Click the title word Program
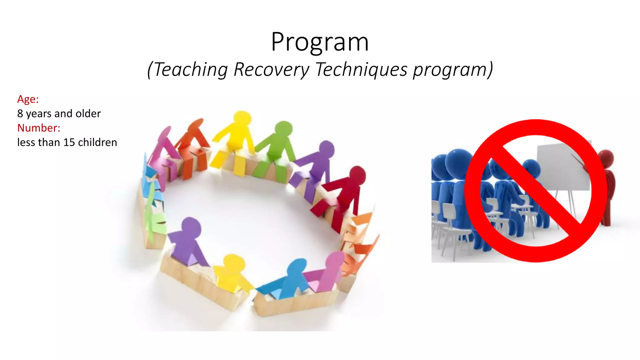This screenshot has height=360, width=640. pos(320,42)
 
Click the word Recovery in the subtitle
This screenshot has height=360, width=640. pos(271,69)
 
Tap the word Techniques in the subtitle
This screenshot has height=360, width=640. pos(361,69)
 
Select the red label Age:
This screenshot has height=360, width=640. pos(28,99)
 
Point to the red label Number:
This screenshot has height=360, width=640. pos(39,128)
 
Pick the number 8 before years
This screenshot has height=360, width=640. pos(20,113)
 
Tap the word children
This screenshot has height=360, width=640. pos(97,142)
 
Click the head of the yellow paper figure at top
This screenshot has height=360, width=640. pos(242,119)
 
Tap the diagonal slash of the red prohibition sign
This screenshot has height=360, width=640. pos(536,191)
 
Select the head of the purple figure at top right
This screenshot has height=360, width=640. pos(326,149)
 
